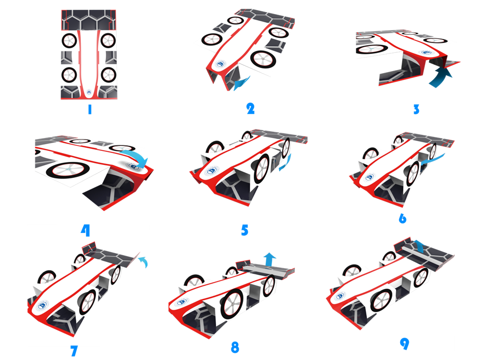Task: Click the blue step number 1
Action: point(90,109)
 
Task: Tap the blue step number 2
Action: point(251,108)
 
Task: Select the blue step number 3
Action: point(416,109)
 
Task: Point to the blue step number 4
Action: point(86,230)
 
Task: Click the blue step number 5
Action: point(244,230)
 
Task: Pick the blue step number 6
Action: point(403,218)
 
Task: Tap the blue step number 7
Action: point(74,351)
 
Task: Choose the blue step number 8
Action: point(235,348)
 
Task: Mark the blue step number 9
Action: point(404,344)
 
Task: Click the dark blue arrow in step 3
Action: point(440,78)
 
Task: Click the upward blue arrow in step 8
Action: point(269,259)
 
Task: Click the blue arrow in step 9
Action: point(419,246)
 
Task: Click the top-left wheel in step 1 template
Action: point(69,40)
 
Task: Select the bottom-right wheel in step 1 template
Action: point(108,75)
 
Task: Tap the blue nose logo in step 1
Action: point(89,92)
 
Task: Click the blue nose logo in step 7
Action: point(43,306)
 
